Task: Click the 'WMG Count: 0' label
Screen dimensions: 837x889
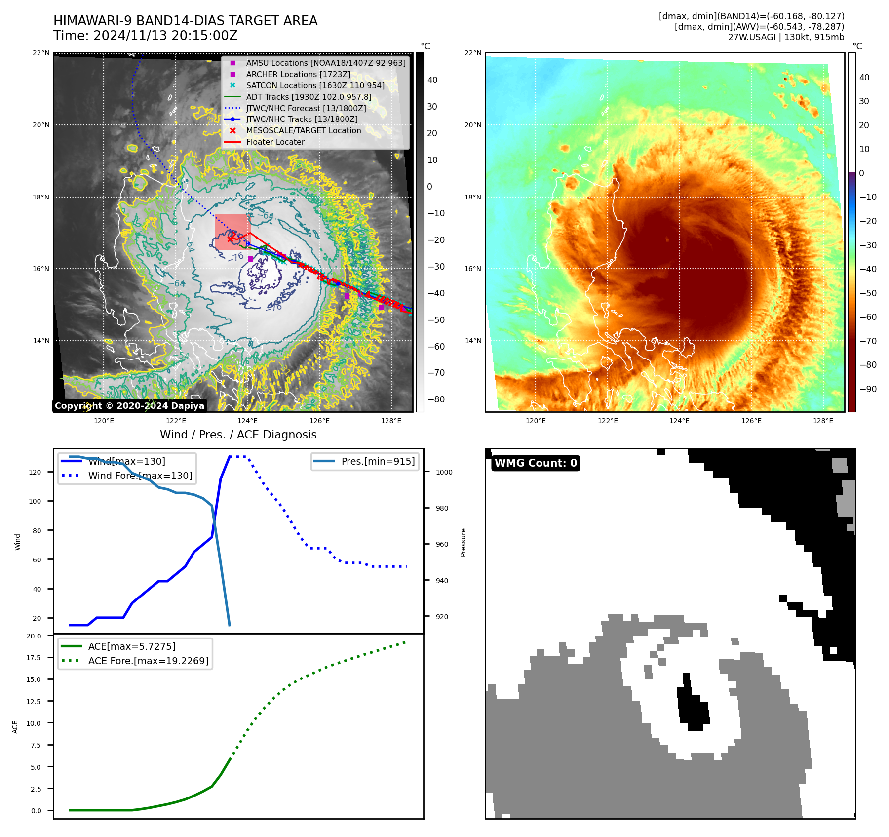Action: click(536, 463)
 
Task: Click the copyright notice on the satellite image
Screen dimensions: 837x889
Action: click(129, 406)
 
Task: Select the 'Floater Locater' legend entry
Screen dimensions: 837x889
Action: click(275, 142)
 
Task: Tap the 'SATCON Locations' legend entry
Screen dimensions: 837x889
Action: click(315, 86)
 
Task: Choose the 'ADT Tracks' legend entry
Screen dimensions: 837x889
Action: click(309, 97)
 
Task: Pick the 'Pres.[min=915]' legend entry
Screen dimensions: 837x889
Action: click(378, 462)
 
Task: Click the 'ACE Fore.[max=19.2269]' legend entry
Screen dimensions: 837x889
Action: click(148, 661)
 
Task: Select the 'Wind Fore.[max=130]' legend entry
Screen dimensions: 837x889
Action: click(140, 476)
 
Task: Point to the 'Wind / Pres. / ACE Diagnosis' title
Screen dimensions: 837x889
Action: click(238, 435)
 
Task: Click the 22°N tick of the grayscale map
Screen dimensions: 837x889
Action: click(41, 53)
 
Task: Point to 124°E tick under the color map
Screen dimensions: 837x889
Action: click(679, 421)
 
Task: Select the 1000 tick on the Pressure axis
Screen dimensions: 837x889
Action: click(444, 472)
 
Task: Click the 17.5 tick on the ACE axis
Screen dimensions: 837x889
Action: click(34, 658)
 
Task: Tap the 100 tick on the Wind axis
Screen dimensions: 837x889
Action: click(35, 501)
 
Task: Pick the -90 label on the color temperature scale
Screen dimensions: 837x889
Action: click(868, 389)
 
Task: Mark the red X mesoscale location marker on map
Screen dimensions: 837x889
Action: click(231, 238)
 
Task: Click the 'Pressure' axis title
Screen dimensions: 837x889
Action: click(463, 542)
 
